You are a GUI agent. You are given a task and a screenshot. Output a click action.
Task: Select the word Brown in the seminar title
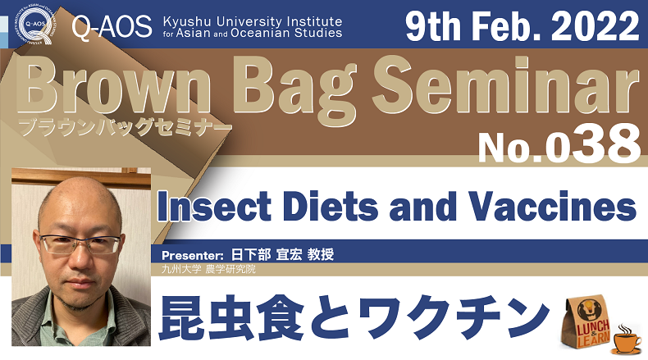[114, 84]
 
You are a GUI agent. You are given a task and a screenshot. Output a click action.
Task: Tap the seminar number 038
[592, 144]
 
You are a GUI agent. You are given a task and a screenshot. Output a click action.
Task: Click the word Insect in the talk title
[214, 205]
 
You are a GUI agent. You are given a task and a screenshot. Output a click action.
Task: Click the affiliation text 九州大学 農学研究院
[208, 269]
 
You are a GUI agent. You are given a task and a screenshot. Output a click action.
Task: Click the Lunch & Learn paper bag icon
[587, 321]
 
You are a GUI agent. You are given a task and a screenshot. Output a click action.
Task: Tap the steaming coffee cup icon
[627, 339]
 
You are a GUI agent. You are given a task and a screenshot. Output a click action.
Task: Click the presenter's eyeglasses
[81, 244]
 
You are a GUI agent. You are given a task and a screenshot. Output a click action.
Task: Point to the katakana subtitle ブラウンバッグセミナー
[125, 127]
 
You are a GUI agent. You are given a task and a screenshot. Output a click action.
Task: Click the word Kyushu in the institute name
[187, 21]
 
